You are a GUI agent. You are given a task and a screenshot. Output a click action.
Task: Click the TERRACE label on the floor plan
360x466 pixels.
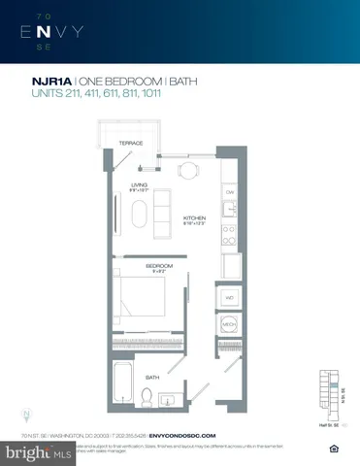click(131, 144)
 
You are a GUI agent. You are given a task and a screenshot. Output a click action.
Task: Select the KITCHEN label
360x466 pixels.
click(195, 218)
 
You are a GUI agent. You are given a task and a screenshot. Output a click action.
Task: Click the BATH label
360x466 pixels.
click(153, 376)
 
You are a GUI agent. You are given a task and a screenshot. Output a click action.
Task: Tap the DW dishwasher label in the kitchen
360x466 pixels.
click(230, 192)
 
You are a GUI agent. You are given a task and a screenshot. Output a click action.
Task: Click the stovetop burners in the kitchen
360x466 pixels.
click(230, 233)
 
